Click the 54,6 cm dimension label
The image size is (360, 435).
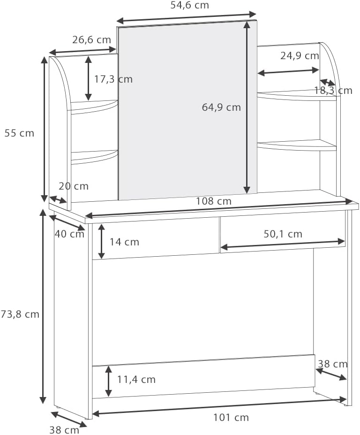click(189, 5)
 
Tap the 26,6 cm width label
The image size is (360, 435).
click(91, 40)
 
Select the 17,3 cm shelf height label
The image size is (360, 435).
click(113, 79)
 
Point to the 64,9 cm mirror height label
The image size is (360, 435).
click(221, 107)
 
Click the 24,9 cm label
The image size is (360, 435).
click(300, 56)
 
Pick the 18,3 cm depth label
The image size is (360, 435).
click(333, 91)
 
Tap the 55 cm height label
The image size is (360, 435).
click(19, 133)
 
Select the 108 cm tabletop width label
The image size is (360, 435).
click(214, 201)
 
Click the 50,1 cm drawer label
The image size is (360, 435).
click(283, 234)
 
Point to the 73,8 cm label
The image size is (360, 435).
click(20, 314)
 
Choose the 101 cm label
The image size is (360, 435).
click(231, 417)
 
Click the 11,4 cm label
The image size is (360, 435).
click(136, 380)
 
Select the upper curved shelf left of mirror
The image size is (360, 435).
click(94, 107)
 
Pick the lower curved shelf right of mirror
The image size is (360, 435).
click(297, 145)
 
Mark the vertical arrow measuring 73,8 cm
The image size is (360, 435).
click(43, 306)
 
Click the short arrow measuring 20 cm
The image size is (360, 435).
click(58, 199)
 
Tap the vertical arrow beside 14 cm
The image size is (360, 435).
click(102, 241)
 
